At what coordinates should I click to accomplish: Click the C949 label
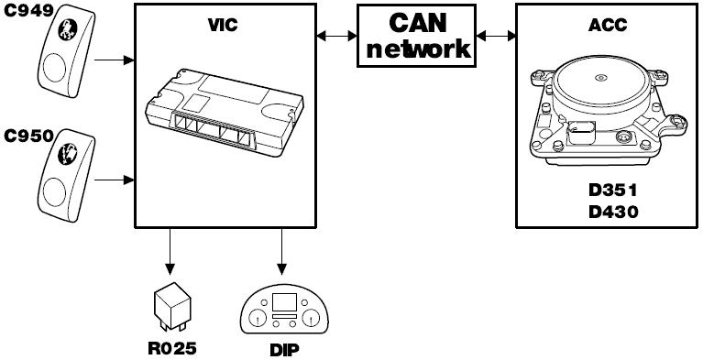pos(29,11)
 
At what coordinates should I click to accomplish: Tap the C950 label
pos(29,136)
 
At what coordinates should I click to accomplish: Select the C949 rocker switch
pos(67,50)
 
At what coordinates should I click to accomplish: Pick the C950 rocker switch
pos(67,175)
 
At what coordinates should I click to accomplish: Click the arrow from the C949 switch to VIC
pos(115,60)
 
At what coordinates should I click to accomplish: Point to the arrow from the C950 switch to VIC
pos(115,180)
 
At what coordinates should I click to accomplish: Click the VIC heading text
pos(223,26)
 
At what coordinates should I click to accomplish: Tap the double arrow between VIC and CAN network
pos(336,36)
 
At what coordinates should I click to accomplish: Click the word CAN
pos(418,22)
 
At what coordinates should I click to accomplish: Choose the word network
pos(418,49)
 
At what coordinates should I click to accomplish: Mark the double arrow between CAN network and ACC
pos(496,36)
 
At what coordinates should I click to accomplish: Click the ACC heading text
pos(608,26)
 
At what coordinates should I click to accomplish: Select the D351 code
pos(613,191)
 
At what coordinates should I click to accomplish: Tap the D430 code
pos(613,212)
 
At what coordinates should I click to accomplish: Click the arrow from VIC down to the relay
pos(170,252)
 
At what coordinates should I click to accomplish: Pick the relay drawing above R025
pos(172,310)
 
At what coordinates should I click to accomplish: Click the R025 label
pos(172,348)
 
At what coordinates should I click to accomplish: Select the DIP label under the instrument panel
pos(285,350)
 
